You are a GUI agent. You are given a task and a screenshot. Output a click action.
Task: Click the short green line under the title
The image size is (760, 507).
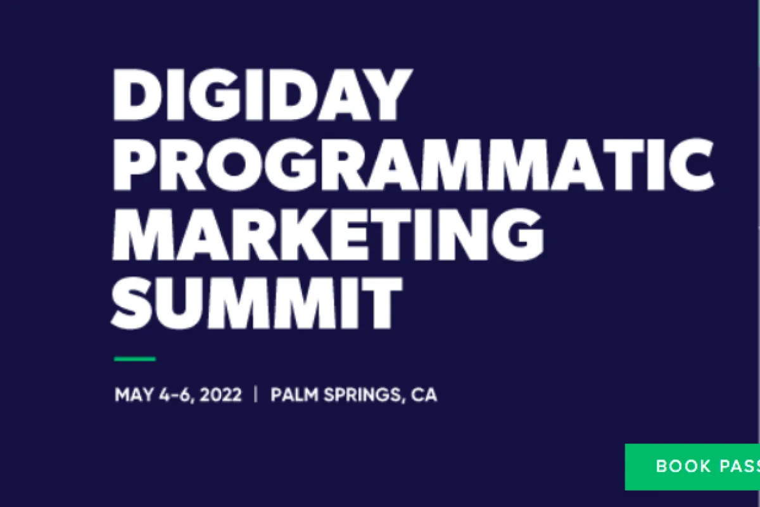pyautogui.click(x=134, y=359)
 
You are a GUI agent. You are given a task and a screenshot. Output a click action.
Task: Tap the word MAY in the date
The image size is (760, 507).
pyautogui.click(x=132, y=395)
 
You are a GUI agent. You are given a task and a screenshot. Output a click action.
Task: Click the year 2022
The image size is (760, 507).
pyautogui.click(x=220, y=395)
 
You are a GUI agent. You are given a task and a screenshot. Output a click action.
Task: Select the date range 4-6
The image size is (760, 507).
pyautogui.click(x=174, y=395)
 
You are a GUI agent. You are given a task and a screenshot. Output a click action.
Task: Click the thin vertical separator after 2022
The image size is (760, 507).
pyautogui.click(x=256, y=395)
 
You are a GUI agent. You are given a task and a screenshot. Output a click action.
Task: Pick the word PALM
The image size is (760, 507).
pyautogui.click(x=294, y=395)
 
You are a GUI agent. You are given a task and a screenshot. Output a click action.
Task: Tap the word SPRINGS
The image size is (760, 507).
pyautogui.click(x=361, y=395)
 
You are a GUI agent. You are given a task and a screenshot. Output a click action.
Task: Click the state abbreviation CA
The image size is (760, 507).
pyautogui.click(x=424, y=395)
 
